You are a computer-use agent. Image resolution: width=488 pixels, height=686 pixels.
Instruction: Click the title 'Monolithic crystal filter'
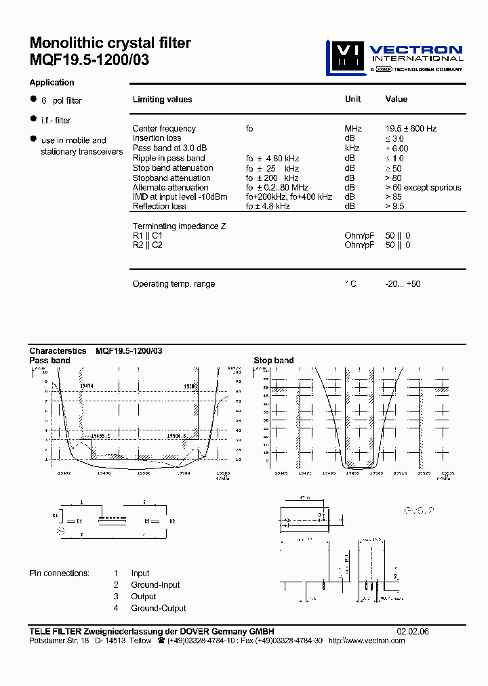click(x=110, y=43)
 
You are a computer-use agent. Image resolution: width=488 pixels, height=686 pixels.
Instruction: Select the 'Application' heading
click(x=52, y=83)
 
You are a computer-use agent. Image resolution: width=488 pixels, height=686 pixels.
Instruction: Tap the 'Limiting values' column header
click(x=162, y=100)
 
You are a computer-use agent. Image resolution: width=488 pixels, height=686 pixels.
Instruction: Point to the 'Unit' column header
click(x=352, y=99)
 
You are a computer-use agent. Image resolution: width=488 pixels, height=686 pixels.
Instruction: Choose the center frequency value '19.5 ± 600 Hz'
click(x=411, y=129)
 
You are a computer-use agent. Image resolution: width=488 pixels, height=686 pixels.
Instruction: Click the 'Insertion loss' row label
click(x=157, y=138)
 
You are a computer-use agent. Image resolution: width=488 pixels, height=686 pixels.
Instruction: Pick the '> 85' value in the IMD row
click(x=394, y=197)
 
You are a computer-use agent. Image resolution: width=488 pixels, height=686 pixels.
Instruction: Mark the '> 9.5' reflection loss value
click(x=395, y=207)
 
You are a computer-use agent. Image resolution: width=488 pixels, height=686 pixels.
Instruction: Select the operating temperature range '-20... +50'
click(x=403, y=284)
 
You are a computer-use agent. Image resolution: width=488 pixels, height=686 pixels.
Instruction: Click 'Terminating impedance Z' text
click(x=179, y=226)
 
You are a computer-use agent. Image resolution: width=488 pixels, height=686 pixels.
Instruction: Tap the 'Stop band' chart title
click(x=274, y=361)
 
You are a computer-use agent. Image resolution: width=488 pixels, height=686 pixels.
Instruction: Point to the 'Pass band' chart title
click(x=49, y=361)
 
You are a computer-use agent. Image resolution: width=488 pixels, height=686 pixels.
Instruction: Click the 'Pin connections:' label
click(x=59, y=573)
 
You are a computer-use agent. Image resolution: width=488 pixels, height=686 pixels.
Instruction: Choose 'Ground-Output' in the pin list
click(x=159, y=609)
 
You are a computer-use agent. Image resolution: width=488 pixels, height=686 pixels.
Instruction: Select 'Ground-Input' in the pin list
click(x=155, y=585)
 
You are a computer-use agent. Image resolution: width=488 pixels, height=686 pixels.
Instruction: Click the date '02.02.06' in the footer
click(x=412, y=632)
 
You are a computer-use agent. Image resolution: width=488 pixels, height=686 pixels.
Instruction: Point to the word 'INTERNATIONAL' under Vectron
click(x=418, y=58)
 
